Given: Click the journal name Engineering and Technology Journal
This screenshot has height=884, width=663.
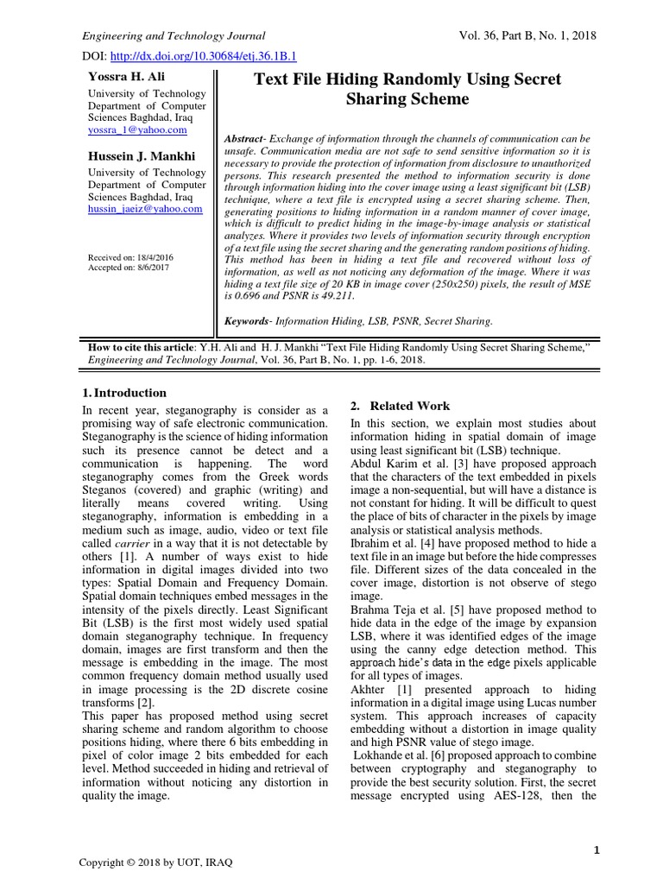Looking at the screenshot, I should (x=173, y=35).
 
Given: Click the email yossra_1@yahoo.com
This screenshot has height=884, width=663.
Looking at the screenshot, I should (x=137, y=129).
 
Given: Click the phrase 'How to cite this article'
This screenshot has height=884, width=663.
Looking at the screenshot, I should (x=142, y=346).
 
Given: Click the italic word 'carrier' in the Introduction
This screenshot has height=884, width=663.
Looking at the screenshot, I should (x=132, y=544).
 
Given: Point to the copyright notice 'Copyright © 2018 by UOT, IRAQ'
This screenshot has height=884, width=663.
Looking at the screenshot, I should (x=155, y=863).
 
